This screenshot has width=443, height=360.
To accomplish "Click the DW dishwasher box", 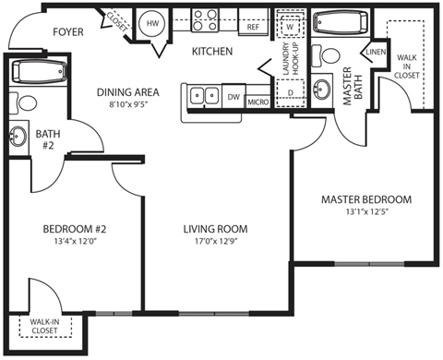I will click(233, 96).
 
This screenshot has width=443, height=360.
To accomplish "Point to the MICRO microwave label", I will click(258, 99).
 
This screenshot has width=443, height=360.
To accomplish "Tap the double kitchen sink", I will click(204, 94).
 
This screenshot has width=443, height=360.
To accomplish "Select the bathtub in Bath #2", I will click(38, 72).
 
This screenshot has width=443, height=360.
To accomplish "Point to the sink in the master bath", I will click(322, 90).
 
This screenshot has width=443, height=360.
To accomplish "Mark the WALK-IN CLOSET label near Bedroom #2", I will click(31, 324).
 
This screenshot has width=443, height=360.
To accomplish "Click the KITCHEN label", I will click(211, 51).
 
